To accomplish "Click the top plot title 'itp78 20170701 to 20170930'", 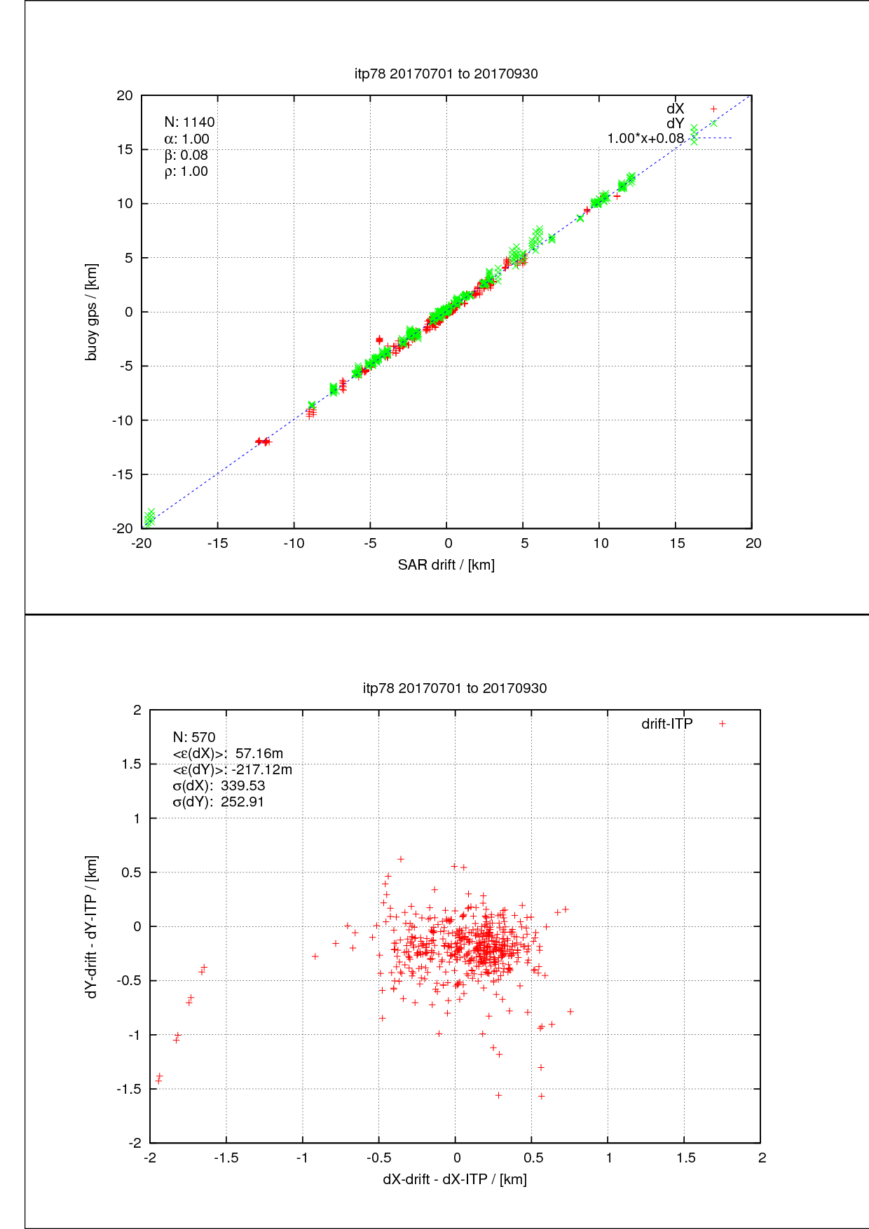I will coord(446,74).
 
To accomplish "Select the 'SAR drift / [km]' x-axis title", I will coord(446,565).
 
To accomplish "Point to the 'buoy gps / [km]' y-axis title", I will coord(92,312).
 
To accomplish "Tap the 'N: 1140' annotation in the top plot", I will coord(189,122).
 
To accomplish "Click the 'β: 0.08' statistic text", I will coord(186,155).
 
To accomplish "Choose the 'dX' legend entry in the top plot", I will coord(676,109).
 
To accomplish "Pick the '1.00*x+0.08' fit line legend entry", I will coord(645,138).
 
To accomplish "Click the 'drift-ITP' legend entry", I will coord(667,724).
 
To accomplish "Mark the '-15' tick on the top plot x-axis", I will coord(217,543).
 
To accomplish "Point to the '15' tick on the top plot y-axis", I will coord(125,149).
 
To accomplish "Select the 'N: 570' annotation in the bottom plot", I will coord(194,737).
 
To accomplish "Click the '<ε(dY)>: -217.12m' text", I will coord(232,769).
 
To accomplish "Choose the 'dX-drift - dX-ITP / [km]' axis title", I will coord(454,1179).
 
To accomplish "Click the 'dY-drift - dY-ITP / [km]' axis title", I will coord(92,926).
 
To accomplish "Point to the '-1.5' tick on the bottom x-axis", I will coord(226,1158).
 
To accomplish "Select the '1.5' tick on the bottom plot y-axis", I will coord(131,764).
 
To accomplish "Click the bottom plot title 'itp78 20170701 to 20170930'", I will coord(454,688).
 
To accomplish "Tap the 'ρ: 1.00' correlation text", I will coord(186,171).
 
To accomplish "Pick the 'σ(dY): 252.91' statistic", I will coord(218,802).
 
